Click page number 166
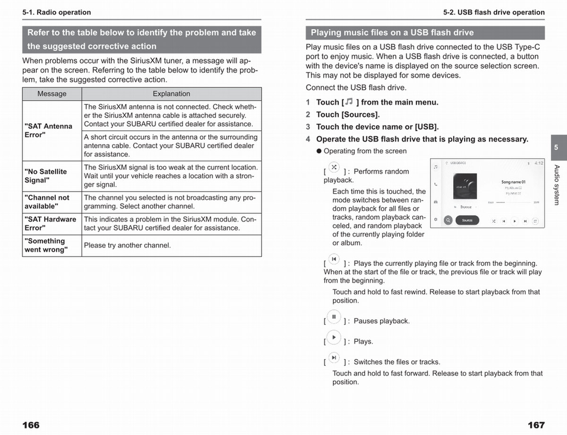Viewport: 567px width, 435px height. (31, 425)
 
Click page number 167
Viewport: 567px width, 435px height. (536, 425)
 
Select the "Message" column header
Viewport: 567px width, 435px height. (52, 94)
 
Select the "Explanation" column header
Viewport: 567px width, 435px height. (171, 94)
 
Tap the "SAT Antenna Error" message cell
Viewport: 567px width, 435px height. (52, 130)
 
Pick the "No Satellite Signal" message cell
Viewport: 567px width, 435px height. (52, 176)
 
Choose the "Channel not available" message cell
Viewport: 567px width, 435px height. (52, 202)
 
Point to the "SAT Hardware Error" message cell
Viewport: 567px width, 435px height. (52, 223)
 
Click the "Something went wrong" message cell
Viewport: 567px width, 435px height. (52, 246)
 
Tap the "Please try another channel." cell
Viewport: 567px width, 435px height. (171, 246)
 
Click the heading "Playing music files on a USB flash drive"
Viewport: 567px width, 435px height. (392, 33)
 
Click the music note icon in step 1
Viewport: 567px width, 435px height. (349, 102)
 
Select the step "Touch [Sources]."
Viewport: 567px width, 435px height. (348, 114)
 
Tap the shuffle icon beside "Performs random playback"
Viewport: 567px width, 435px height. (334, 168)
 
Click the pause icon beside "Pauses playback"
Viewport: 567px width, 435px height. (334, 317)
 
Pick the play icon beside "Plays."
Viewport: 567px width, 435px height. (334, 337)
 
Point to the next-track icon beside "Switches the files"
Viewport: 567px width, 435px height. (334, 358)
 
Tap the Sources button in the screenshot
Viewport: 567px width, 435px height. (467, 220)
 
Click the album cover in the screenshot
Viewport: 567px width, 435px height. (465, 187)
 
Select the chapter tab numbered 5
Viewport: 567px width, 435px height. (556, 147)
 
